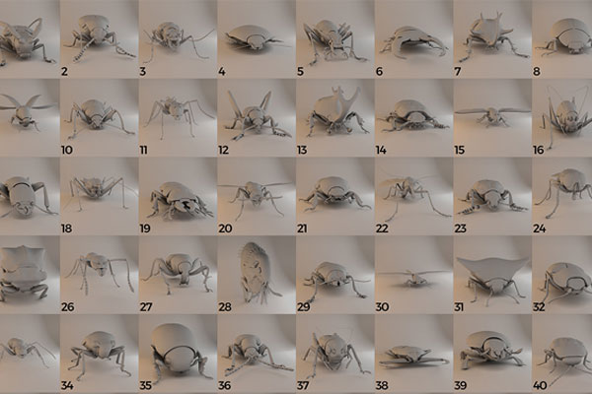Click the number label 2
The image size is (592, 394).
(x=64, y=71)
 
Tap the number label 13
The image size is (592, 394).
(x=302, y=150)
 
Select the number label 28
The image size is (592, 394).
(x=225, y=307)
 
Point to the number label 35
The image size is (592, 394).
(x=146, y=386)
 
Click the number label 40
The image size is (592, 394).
(x=540, y=386)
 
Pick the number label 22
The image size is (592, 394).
(x=382, y=229)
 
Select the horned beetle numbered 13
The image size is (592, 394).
(x=336, y=112)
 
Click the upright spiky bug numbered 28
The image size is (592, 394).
(x=254, y=272)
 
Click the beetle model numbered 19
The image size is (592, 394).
(x=178, y=202)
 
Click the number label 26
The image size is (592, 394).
(x=67, y=307)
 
